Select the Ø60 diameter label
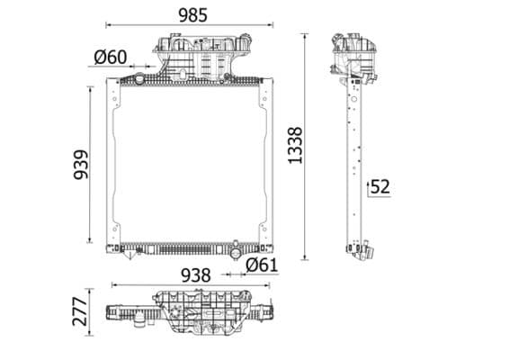(110, 58)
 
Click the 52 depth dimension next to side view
(380, 187)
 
